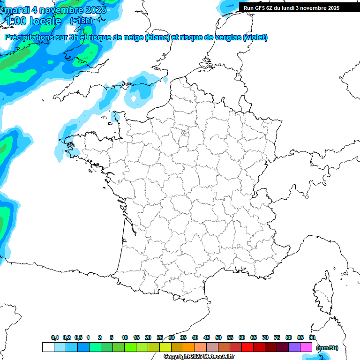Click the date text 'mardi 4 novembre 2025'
56,10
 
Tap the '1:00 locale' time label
34,21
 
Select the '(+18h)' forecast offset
81,21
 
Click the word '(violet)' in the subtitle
255,37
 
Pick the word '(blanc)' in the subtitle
157,37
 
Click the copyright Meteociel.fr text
199,357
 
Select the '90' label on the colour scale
312,337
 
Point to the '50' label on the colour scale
218,337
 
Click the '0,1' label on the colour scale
55,337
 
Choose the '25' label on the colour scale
160,337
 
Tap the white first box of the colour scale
48,347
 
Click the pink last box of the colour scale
306,347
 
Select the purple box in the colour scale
294,347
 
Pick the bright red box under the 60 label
247,347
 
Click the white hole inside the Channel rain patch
135,99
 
